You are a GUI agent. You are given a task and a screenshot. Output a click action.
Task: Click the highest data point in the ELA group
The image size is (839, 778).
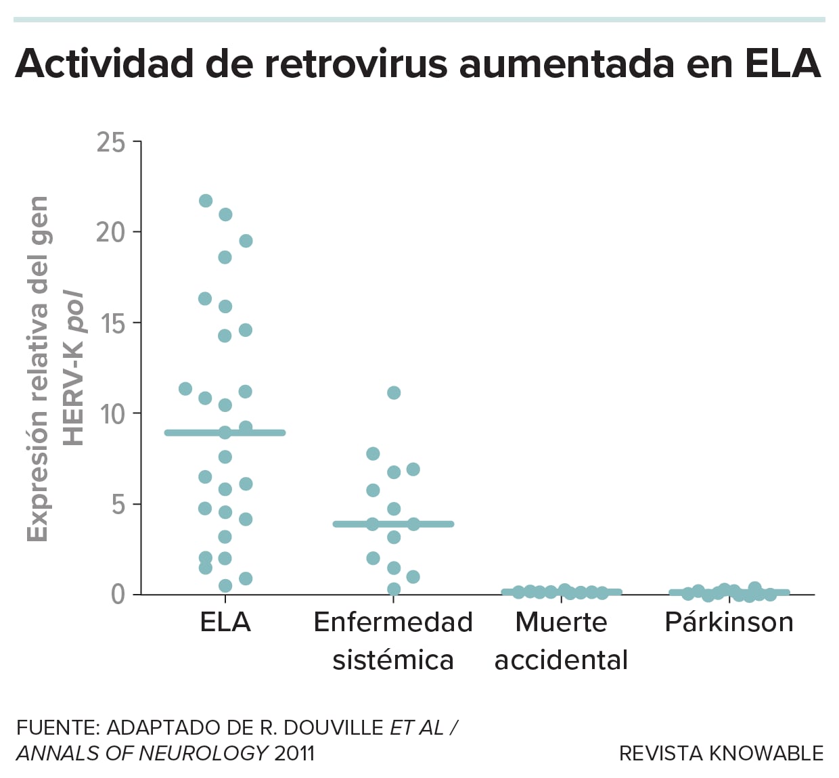[x=206, y=201]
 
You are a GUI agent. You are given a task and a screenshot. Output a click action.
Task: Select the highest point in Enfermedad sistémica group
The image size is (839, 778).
[x=394, y=393]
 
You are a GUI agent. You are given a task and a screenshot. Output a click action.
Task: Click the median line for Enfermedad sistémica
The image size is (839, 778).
[x=433, y=524]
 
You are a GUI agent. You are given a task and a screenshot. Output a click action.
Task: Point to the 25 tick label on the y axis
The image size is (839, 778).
[x=111, y=143]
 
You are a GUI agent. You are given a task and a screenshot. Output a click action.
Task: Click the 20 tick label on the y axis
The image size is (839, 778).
[x=110, y=233]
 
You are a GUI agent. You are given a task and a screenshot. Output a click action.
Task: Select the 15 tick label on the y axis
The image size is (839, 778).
[x=112, y=323]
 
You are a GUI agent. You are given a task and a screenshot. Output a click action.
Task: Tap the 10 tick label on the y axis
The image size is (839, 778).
[x=112, y=414]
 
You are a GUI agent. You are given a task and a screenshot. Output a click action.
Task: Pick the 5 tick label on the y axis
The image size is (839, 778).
[x=118, y=505]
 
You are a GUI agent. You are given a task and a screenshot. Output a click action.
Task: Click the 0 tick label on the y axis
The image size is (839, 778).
[x=118, y=595]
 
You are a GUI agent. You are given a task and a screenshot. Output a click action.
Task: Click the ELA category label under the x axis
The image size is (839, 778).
[x=225, y=622]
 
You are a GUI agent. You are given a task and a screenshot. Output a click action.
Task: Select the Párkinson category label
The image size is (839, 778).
[x=729, y=622]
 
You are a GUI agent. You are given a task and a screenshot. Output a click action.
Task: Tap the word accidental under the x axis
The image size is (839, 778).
[x=561, y=660]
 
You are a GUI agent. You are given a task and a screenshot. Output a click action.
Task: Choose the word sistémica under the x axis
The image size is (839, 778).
[x=393, y=660]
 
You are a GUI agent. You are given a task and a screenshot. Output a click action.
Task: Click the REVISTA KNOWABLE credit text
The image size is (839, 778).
[x=721, y=753]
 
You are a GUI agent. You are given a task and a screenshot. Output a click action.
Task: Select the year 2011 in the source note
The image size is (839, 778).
[x=294, y=753]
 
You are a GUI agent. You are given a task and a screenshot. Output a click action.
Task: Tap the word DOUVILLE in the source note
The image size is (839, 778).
[x=334, y=728]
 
